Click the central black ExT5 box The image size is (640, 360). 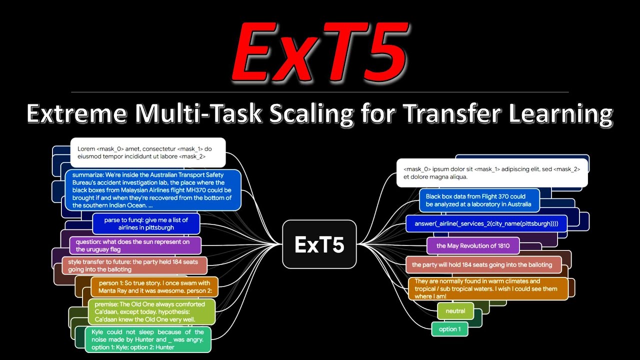point(319,244)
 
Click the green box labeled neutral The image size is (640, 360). point(455,311)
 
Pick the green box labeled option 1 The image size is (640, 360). point(449,329)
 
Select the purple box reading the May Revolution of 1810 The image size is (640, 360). point(473,246)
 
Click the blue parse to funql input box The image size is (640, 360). point(146,223)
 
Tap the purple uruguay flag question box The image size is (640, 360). point(135,245)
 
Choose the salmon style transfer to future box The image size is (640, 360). point(134,265)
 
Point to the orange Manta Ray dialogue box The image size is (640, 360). point(154,287)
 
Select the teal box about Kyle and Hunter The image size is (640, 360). point(148,339)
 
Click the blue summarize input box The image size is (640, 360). point(152,190)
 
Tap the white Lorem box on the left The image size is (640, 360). point(148,152)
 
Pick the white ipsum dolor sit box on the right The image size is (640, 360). point(492,173)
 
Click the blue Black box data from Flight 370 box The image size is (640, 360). point(479,200)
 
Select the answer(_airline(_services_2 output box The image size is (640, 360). point(486,223)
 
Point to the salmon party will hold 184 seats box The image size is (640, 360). point(481,265)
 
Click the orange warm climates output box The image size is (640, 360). point(488,289)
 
